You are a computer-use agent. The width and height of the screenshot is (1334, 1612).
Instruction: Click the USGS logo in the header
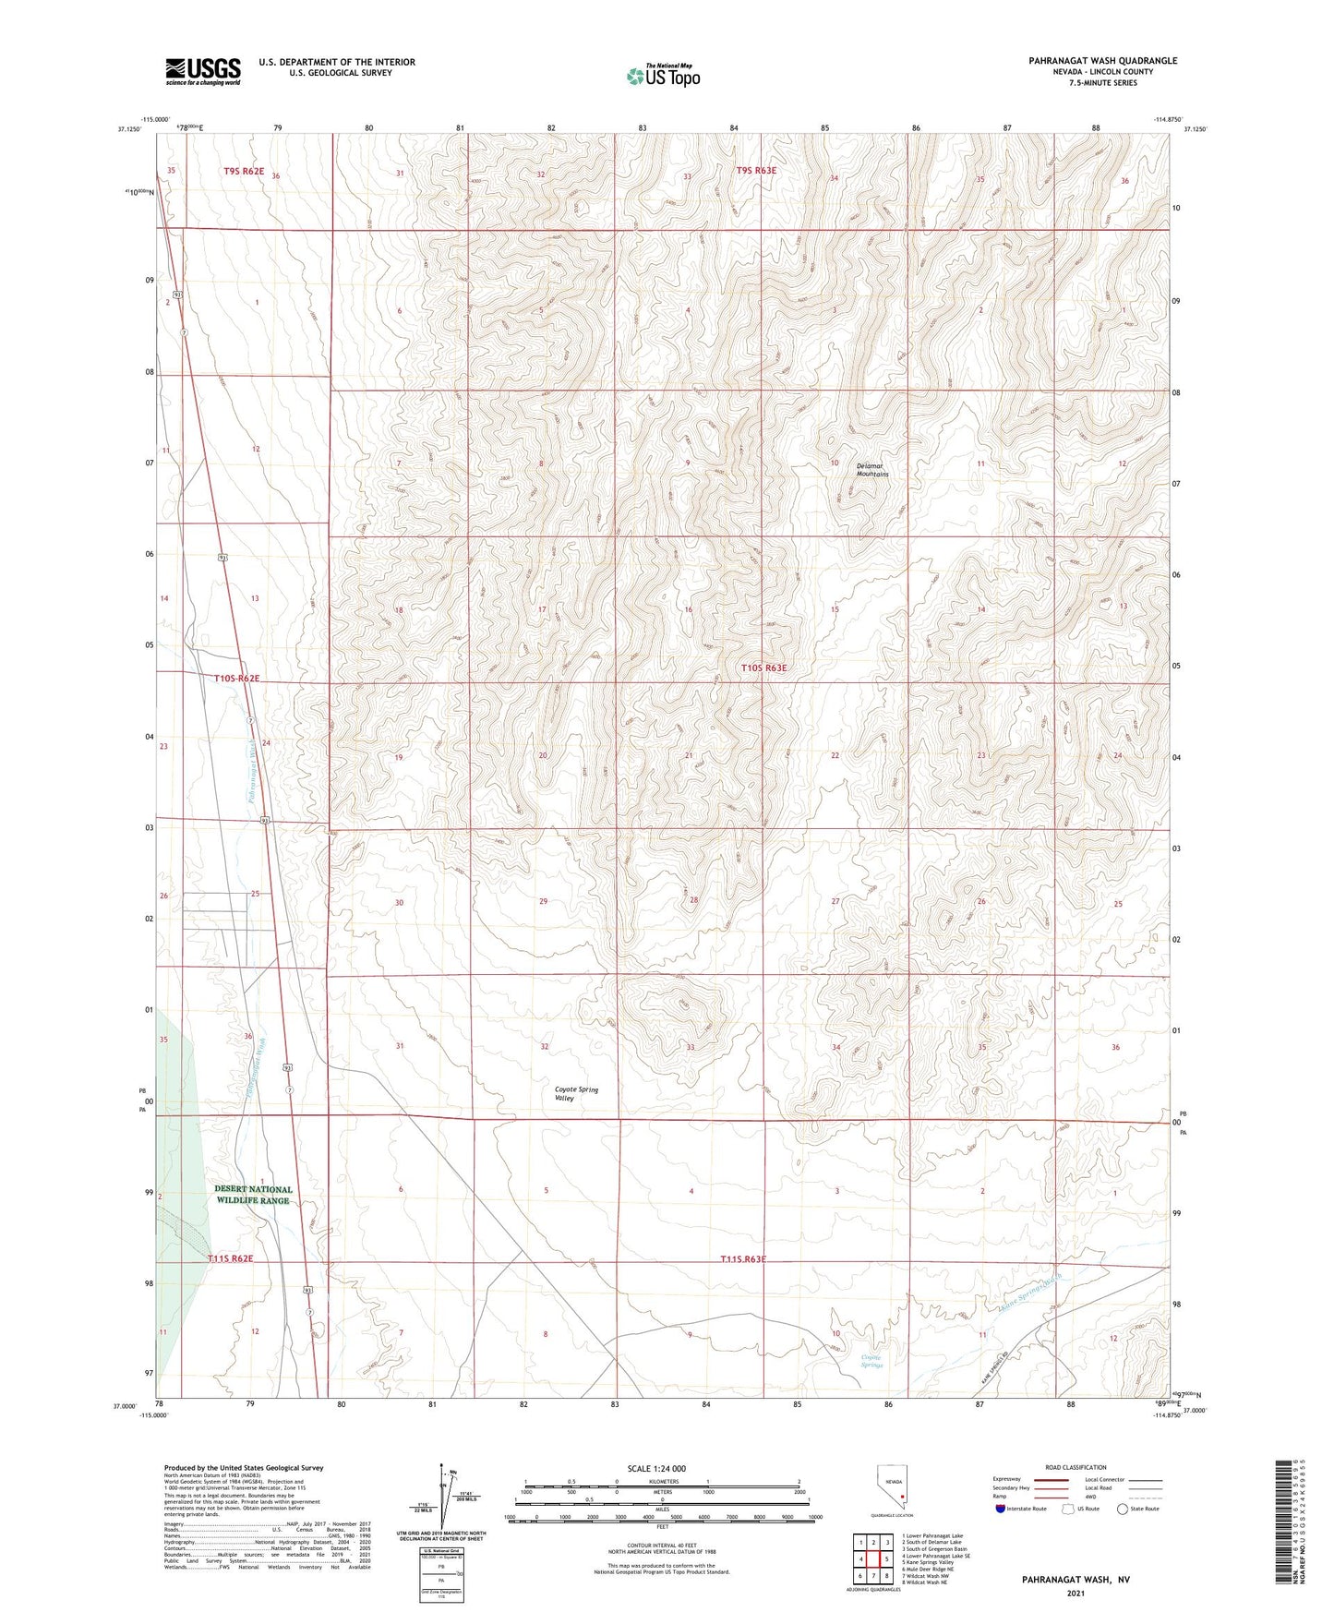tap(203, 70)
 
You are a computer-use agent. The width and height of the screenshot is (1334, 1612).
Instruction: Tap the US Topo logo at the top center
tap(663, 75)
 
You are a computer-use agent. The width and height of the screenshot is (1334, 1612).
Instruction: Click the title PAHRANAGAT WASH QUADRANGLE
tap(1102, 61)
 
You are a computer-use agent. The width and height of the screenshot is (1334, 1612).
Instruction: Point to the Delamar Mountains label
tap(871, 469)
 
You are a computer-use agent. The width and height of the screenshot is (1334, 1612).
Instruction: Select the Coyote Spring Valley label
tap(576, 1094)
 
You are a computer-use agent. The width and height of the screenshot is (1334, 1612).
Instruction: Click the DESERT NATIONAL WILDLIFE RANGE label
tap(253, 1195)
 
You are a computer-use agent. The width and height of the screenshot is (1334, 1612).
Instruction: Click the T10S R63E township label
tap(764, 668)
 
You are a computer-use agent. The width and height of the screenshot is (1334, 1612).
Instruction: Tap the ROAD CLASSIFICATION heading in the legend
tap(1076, 1467)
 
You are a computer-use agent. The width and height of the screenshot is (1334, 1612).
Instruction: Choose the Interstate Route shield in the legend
tap(1003, 1509)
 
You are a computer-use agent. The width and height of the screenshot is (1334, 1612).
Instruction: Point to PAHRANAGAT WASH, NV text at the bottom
tap(1076, 1580)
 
